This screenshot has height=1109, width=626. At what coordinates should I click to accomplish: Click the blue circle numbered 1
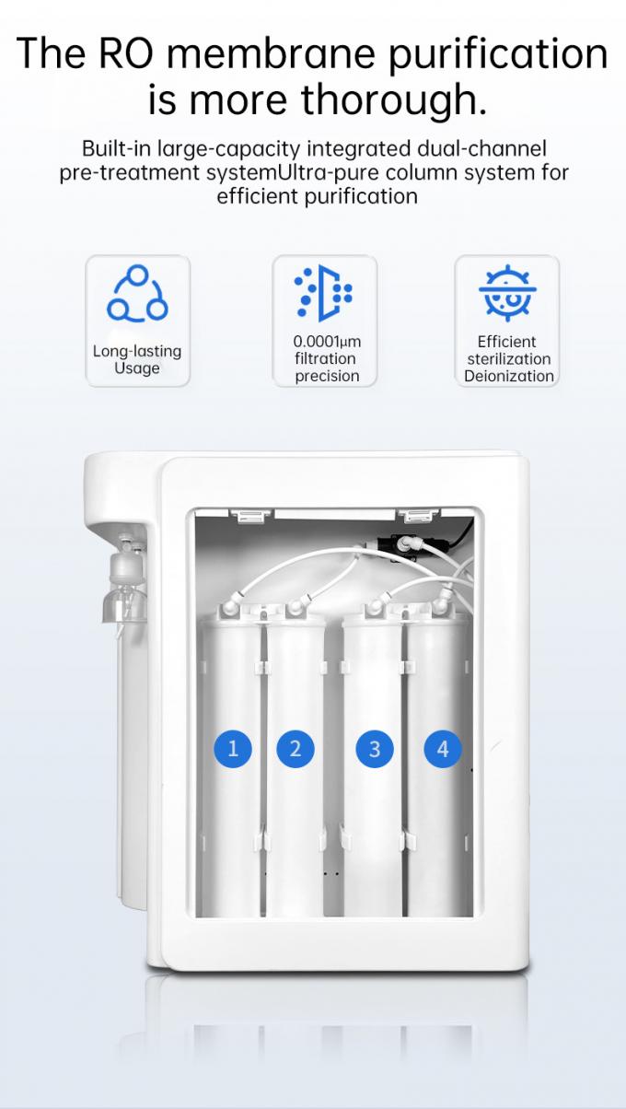pos(233,749)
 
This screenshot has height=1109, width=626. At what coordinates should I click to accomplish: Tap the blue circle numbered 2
pos(296,749)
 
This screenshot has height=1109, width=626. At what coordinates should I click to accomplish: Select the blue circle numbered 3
pos(375,749)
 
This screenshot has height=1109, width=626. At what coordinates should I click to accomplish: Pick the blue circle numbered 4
pos(443,749)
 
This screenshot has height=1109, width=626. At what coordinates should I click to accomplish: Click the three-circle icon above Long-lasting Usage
pos(137,293)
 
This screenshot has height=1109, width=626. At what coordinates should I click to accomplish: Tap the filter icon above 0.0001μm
pos(324,293)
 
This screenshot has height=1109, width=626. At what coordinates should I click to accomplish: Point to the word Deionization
pos(509,376)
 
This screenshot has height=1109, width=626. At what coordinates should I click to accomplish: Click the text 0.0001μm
pos(327,342)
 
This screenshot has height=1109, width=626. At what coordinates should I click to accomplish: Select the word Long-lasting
pos(137,352)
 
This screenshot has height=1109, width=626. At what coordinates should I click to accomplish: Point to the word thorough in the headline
pos(387,100)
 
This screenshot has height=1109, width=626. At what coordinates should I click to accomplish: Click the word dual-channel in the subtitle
pos(481,148)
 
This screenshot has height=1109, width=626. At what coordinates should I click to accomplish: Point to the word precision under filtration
pos(327,376)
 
